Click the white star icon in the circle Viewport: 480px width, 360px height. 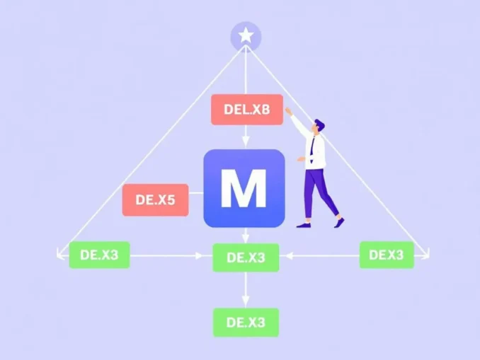coord(246,35)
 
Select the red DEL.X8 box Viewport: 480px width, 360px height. coord(246,110)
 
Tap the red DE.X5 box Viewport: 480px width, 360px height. coord(155,200)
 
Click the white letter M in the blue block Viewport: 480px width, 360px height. coord(244,189)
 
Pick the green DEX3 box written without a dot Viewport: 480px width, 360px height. coord(386,255)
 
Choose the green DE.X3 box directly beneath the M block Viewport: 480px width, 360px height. coord(246,257)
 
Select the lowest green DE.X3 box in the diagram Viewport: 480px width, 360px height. coord(246,323)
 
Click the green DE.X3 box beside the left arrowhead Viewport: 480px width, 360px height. coord(99,255)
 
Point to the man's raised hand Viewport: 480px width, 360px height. coord(288,111)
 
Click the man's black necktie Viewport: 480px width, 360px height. coord(312,147)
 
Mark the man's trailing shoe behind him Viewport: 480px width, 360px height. coord(341,221)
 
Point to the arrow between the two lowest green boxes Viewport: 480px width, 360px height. coord(246,290)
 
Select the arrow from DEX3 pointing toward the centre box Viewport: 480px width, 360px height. coord(319,255)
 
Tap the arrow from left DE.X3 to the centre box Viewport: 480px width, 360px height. coord(170,255)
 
